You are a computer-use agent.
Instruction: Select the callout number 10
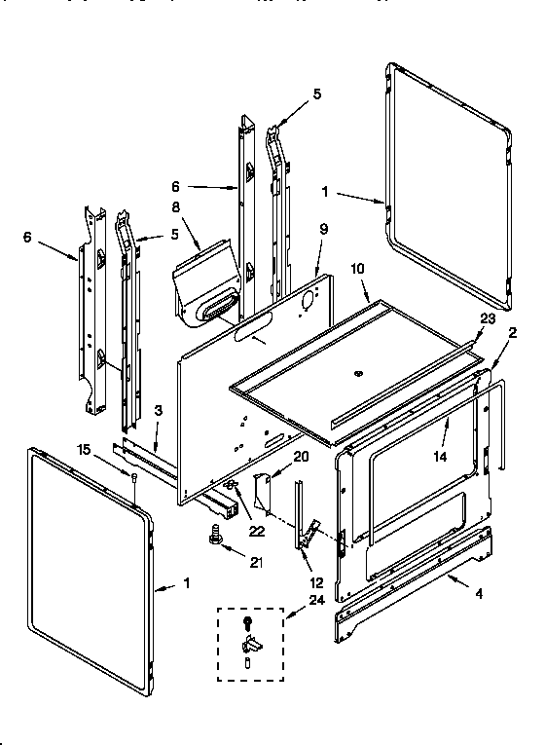click(357, 268)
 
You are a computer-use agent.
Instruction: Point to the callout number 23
click(487, 318)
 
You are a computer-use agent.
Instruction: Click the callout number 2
click(512, 333)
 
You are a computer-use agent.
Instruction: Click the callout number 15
click(85, 448)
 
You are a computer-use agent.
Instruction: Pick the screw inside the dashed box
click(249, 620)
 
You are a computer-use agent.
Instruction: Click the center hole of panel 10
click(358, 373)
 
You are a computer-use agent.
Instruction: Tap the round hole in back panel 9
click(307, 299)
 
